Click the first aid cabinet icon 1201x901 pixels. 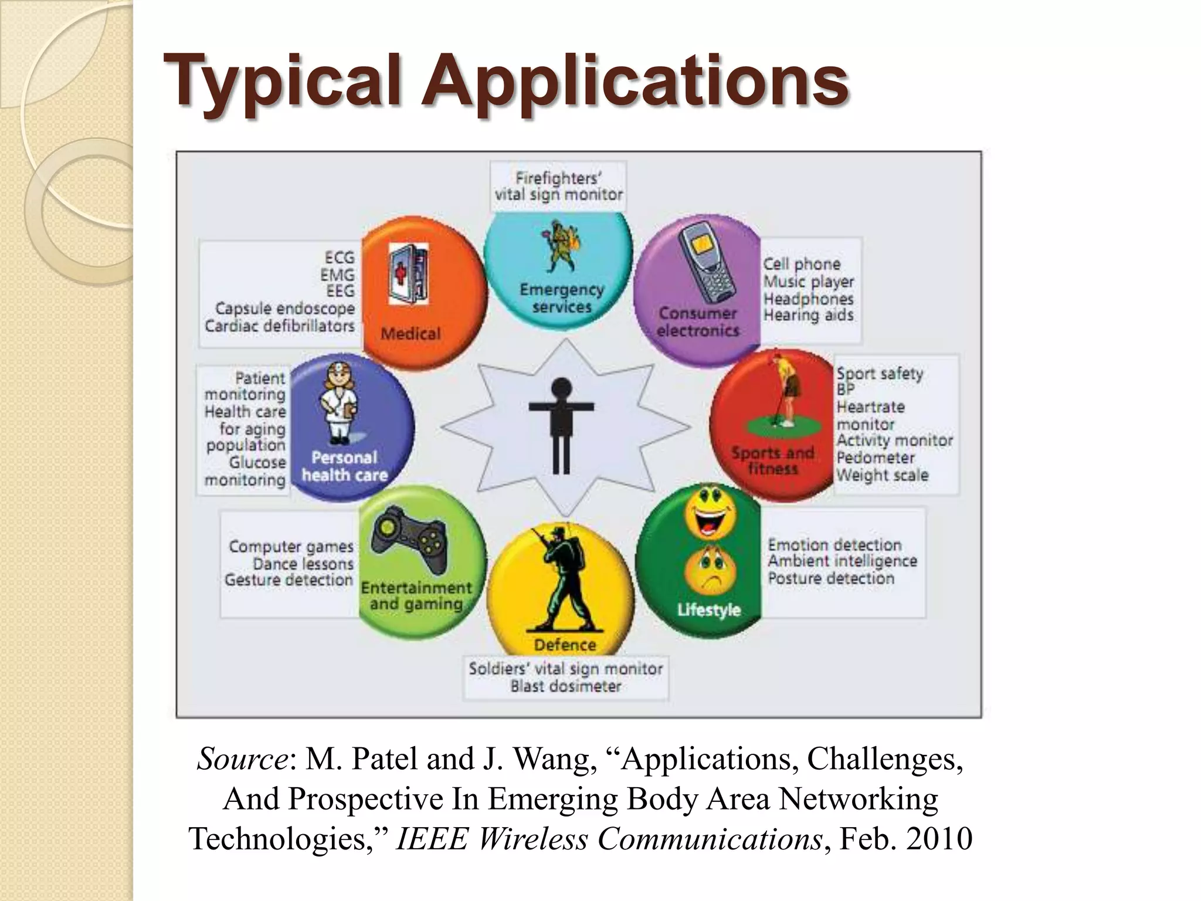[x=409, y=273]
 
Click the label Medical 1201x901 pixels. [x=410, y=334]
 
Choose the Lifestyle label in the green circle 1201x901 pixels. [x=708, y=610]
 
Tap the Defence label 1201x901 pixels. [x=564, y=645]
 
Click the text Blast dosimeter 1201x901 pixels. [x=565, y=686]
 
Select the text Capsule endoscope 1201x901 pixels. [x=285, y=309]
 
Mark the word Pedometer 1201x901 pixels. [x=875, y=458]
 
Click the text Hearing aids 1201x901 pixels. [x=808, y=315]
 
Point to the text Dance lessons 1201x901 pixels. [x=303, y=564]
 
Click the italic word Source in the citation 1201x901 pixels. [x=242, y=759]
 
